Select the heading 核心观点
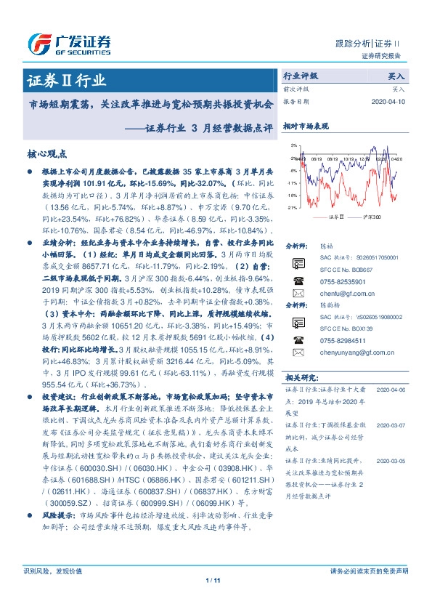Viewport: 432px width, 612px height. click(x=46, y=153)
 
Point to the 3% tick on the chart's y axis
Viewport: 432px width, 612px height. click(x=294, y=145)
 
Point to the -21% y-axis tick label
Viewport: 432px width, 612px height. click(x=292, y=208)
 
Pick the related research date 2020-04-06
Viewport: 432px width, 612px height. click(x=391, y=390)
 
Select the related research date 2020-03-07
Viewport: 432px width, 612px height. click(x=391, y=423)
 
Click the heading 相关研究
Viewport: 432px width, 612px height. click(x=300, y=377)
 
